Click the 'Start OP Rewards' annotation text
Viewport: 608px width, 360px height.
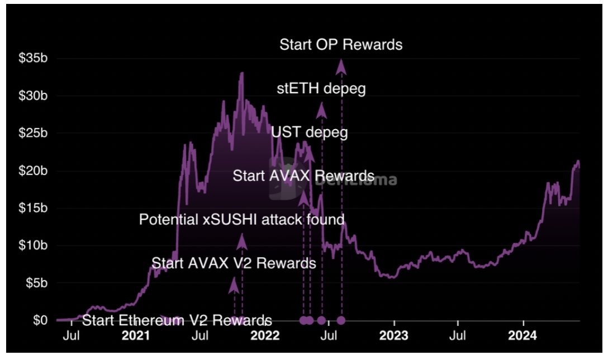[x=341, y=45]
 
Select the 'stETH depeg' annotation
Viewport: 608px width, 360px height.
[x=321, y=89]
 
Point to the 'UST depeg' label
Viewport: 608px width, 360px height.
[x=310, y=133]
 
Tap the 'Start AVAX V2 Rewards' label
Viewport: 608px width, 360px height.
[x=234, y=263]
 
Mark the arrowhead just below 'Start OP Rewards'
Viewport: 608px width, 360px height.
[x=341, y=67]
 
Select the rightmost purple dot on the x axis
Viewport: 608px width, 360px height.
[x=341, y=320]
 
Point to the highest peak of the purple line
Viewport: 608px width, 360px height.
[x=241, y=73]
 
